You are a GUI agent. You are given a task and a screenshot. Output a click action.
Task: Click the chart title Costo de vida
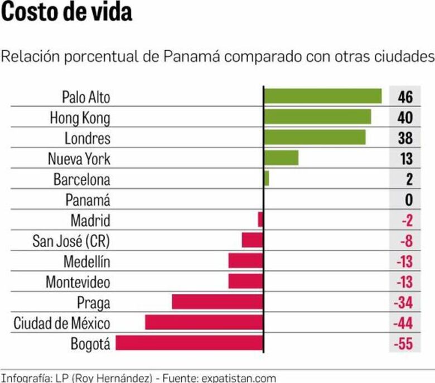coord(66,12)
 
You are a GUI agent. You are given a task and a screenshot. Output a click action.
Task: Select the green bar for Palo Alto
coord(322,96)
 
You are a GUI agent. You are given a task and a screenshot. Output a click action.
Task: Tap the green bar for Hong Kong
coord(317,117)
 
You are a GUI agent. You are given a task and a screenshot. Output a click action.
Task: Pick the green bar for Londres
coord(315,137)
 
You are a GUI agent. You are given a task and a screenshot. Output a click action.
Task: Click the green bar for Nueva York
coord(281,158)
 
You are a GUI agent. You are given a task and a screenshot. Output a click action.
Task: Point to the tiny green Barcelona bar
coord(267,178)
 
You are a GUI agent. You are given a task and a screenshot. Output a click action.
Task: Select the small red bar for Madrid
coord(260,220)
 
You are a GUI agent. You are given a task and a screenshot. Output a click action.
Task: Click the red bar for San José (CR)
coord(252,240)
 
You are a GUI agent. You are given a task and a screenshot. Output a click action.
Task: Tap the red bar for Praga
coord(217,302)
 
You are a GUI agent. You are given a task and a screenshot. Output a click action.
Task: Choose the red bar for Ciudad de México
coord(204,322)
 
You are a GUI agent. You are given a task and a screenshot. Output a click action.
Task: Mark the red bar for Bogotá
coord(189,343)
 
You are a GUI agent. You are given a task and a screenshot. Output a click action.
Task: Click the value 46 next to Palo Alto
coord(405,97)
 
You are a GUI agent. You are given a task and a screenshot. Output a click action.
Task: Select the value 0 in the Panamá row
coord(408,200)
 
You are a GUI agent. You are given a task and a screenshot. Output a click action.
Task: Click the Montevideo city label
coord(78,282)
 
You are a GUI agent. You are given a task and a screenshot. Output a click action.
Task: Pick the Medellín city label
coord(86,261)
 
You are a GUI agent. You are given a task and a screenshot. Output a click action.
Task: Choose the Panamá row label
coord(88,200)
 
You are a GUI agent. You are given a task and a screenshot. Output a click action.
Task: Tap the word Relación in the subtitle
coord(26,57)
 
